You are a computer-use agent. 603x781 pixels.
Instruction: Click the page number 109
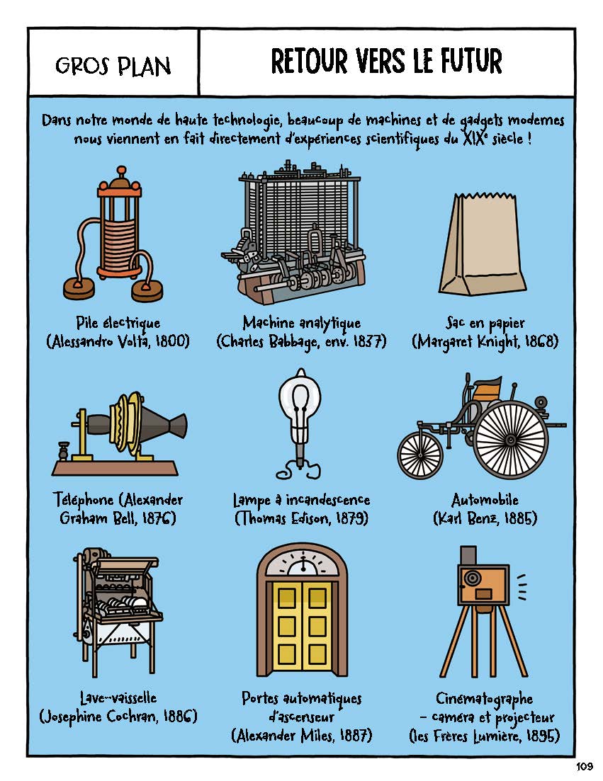pyautogui.click(x=584, y=767)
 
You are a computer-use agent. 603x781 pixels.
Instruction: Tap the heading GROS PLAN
pyautogui.click(x=113, y=65)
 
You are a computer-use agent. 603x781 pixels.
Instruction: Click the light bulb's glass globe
pyautogui.click(x=300, y=398)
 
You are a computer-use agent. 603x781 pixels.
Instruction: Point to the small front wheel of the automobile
pyautogui.click(x=420, y=455)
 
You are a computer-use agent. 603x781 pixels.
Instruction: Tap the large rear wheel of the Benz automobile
pyautogui.click(x=509, y=440)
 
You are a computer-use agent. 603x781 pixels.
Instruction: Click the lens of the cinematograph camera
pyautogui.click(x=471, y=578)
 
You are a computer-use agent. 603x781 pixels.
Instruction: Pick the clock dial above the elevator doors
pyautogui.click(x=302, y=563)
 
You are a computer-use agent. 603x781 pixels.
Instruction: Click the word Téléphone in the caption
pyautogui.click(x=83, y=500)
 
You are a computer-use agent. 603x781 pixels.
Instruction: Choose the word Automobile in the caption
pyautogui.click(x=485, y=500)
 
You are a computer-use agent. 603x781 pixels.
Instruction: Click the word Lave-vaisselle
pyautogui.click(x=118, y=697)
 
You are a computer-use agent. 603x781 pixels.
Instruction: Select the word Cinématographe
pyautogui.click(x=484, y=699)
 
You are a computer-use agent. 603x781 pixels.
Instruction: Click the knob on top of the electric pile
pyautogui.click(x=120, y=172)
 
